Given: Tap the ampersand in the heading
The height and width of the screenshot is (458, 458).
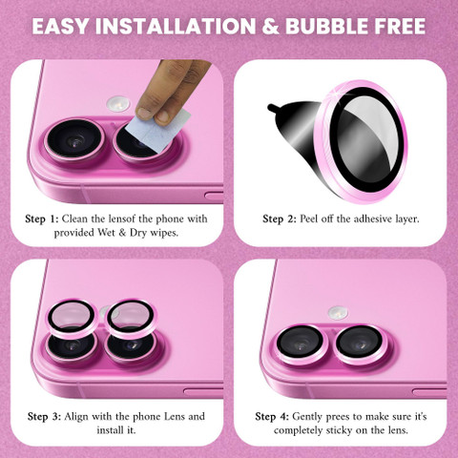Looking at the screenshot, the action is tap(270, 26).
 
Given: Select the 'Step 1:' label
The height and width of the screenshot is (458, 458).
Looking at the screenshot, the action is tap(42, 219).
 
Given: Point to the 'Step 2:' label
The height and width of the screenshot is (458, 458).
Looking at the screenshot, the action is tap(280, 219).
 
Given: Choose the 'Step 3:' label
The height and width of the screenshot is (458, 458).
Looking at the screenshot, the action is tap(44, 417).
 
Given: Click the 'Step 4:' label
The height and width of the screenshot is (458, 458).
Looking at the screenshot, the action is tap(272, 417).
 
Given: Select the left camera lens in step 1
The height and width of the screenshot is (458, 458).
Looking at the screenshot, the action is tap(74, 140).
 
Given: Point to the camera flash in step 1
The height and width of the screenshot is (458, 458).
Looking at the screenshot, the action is tap(118, 104).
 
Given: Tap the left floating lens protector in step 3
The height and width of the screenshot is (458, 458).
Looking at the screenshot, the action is tap(72, 318).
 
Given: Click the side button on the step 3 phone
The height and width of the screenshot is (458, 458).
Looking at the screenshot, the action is tap(203, 391).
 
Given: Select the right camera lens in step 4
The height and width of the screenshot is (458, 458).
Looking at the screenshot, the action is tap(361, 345).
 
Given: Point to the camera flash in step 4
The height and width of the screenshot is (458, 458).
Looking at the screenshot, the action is tap(338, 313).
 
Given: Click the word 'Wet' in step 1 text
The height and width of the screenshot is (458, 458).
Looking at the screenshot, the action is tap(106, 233).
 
